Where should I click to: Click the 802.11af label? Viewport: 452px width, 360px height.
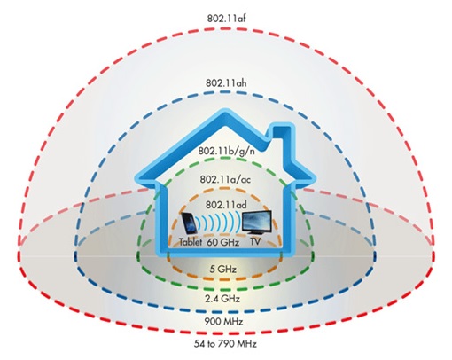pos(226,19)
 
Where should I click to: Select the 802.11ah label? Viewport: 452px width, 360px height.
pos(226,83)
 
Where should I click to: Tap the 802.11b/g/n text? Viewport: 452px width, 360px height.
pos(226,151)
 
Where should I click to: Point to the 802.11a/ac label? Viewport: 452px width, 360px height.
pos(225,179)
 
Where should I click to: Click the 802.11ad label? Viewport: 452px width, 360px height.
pos(226,205)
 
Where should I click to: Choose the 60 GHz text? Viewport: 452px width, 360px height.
pos(222,242)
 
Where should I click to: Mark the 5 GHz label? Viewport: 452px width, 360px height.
pos(223,270)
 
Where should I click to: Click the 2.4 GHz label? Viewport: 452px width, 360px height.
pos(222,299)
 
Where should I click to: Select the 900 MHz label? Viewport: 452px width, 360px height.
pos(223,321)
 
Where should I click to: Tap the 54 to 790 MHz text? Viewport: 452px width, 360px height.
pos(225,344)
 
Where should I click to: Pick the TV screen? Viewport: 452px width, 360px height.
pos(256,221)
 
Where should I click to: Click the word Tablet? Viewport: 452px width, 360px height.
pos(191,242)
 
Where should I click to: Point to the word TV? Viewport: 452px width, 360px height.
pos(255,242)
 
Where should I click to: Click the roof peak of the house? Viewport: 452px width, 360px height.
pos(226,113)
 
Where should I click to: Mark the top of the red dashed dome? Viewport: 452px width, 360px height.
pos(226,28)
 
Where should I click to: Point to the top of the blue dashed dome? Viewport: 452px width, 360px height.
pos(226,92)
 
